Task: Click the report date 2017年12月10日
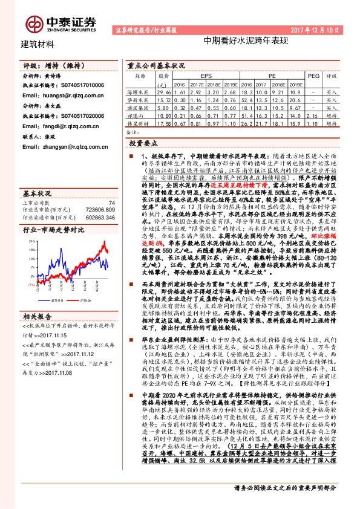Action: click(x=325, y=29)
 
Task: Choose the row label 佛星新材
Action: click(x=140, y=122)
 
